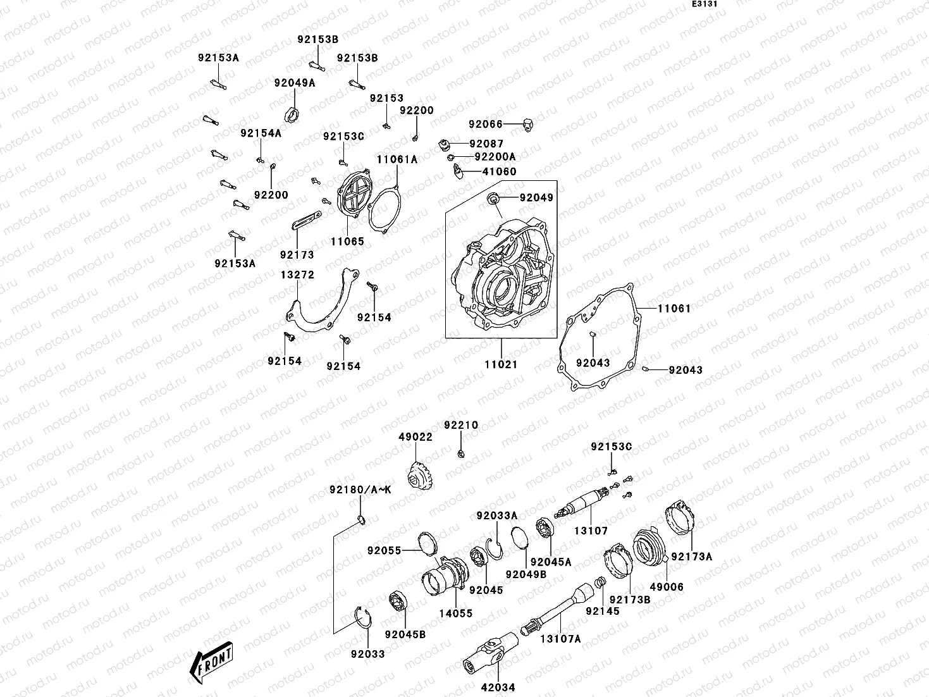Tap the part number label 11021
coord(501,364)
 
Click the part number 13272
coord(297,275)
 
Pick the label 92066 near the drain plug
coord(486,124)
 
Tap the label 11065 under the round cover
coord(347,241)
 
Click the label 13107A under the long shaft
coord(560,639)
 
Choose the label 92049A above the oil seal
coord(294,83)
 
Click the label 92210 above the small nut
coord(461,425)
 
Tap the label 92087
coord(486,144)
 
